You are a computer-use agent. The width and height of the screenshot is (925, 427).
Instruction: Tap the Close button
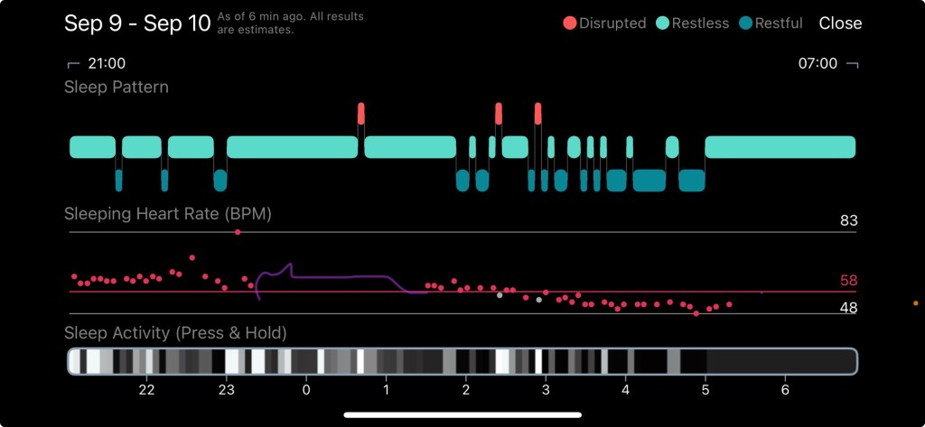click(x=840, y=23)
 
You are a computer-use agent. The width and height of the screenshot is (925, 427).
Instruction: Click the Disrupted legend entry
click(x=604, y=23)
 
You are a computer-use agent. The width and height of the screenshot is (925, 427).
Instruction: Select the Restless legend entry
click(x=694, y=23)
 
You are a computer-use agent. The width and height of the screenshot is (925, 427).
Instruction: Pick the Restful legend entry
click(x=771, y=23)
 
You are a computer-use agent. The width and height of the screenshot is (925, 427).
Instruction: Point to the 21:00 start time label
click(x=106, y=64)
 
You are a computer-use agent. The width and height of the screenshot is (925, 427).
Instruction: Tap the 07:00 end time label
click(x=818, y=64)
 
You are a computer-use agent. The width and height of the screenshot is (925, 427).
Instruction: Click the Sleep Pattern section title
click(x=117, y=88)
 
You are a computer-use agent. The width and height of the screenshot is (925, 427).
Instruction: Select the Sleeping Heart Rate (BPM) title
click(x=168, y=214)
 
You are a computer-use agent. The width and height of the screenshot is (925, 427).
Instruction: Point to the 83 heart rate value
click(x=848, y=220)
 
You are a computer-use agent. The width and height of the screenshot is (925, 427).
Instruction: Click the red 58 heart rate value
click(x=848, y=281)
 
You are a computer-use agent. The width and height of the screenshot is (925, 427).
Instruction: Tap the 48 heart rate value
click(x=848, y=308)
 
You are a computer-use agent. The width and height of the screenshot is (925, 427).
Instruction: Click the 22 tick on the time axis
click(x=146, y=390)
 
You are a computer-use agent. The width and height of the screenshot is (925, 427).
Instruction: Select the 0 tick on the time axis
click(x=306, y=390)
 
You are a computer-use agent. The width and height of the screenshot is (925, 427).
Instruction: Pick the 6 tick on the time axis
click(x=785, y=390)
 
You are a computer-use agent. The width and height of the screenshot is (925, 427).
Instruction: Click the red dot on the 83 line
click(x=238, y=232)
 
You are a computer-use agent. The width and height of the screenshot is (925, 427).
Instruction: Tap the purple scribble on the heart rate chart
click(x=334, y=277)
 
